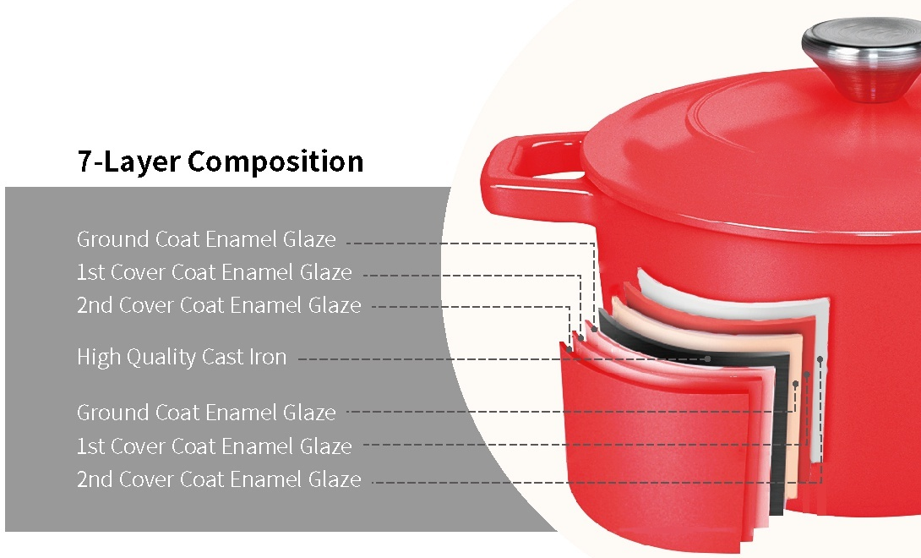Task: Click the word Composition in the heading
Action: (x=275, y=161)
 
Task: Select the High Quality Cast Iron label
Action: (x=182, y=357)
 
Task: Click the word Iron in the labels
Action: (x=268, y=356)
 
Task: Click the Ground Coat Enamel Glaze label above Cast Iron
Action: (x=206, y=239)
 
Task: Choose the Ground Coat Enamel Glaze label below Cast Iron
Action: (x=206, y=413)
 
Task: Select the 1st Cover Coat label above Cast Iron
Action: (x=215, y=272)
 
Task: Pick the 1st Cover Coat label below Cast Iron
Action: (x=215, y=446)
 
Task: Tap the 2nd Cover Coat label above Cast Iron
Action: (x=219, y=305)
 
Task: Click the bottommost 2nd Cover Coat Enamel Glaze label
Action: (x=219, y=479)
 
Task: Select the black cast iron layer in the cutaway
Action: (x=776, y=412)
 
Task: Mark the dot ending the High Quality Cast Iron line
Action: (x=708, y=358)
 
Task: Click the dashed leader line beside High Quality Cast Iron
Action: (x=503, y=358)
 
